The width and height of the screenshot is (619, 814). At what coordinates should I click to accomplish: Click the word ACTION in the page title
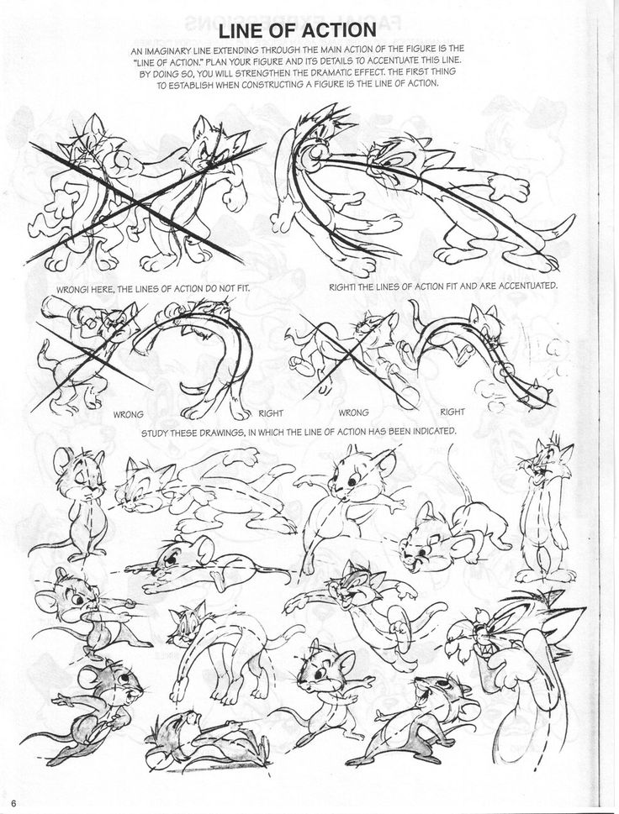coord(336,30)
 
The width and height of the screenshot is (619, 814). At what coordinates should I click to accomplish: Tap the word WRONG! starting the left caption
coord(74,288)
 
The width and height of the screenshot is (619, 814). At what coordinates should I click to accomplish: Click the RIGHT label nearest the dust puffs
coord(452,412)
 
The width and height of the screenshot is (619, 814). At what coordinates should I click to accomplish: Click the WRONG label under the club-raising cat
coord(129,415)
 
